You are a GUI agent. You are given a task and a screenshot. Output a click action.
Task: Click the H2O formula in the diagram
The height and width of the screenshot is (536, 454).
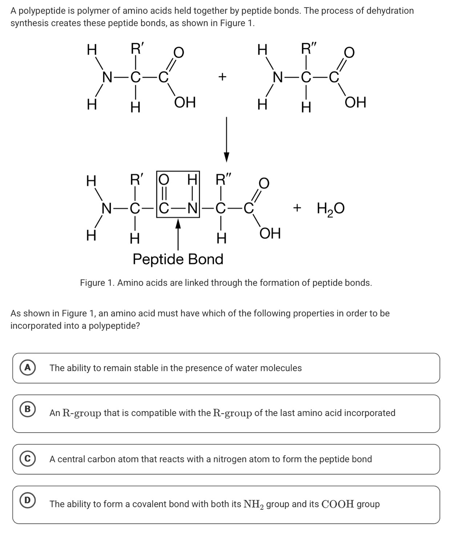[x=330, y=209]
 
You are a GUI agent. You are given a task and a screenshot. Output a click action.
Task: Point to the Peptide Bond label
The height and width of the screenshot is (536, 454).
[x=178, y=259]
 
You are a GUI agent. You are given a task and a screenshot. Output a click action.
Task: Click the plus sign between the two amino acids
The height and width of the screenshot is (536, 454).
[x=222, y=77]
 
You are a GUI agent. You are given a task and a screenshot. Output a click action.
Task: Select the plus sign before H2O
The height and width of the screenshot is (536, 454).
[x=297, y=208]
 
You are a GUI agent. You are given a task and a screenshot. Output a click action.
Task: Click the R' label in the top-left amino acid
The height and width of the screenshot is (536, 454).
[x=137, y=48]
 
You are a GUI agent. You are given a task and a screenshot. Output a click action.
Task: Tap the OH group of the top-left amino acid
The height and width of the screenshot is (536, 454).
[x=185, y=103]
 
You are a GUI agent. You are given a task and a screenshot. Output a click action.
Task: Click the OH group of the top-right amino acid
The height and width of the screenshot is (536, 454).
[x=355, y=103]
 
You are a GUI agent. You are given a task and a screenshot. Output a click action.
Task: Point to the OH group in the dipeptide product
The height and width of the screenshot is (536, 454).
[x=270, y=233]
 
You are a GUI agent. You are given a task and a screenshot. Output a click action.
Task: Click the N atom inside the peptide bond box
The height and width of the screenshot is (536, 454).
[x=192, y=209]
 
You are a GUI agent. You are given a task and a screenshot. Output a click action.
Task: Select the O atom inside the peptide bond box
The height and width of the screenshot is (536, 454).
[x=164, y=180]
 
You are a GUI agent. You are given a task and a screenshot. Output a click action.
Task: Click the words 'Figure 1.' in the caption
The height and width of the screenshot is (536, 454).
[x=97, y=283]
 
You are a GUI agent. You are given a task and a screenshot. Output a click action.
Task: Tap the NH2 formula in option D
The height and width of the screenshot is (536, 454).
[x=254, y=504]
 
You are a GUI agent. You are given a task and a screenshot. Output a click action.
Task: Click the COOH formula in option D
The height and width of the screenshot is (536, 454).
[x=338, y=504]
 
